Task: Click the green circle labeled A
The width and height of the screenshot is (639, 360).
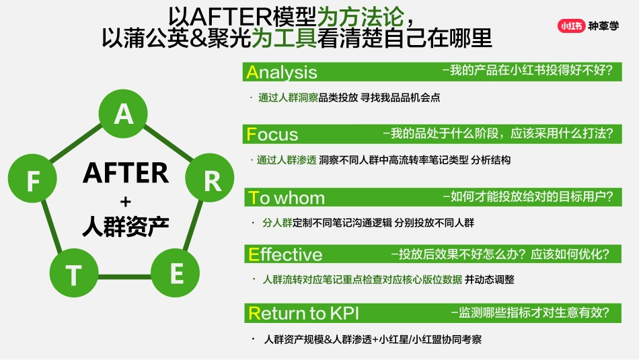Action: tap(124, 114)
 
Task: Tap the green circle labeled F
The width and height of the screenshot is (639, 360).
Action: tap(33, 181)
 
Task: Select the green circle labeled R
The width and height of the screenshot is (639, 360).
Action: tap(212, 180)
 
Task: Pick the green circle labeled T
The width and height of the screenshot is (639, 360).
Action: tap(73, 275)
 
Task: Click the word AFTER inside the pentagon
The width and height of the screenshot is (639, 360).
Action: tap(125, 174)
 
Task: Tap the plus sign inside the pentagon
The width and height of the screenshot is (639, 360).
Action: tap(125, 201)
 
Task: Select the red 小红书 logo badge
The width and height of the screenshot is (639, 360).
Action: tap(570, 26)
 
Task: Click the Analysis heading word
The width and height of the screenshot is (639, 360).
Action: tap(282, 72)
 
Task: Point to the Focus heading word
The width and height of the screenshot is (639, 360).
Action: tap(272, 134)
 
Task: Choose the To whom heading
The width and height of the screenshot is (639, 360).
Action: tap(287, 198)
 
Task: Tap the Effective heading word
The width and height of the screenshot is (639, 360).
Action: tap(285, 254)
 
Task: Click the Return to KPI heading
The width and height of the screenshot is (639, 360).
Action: tap(303, 313)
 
